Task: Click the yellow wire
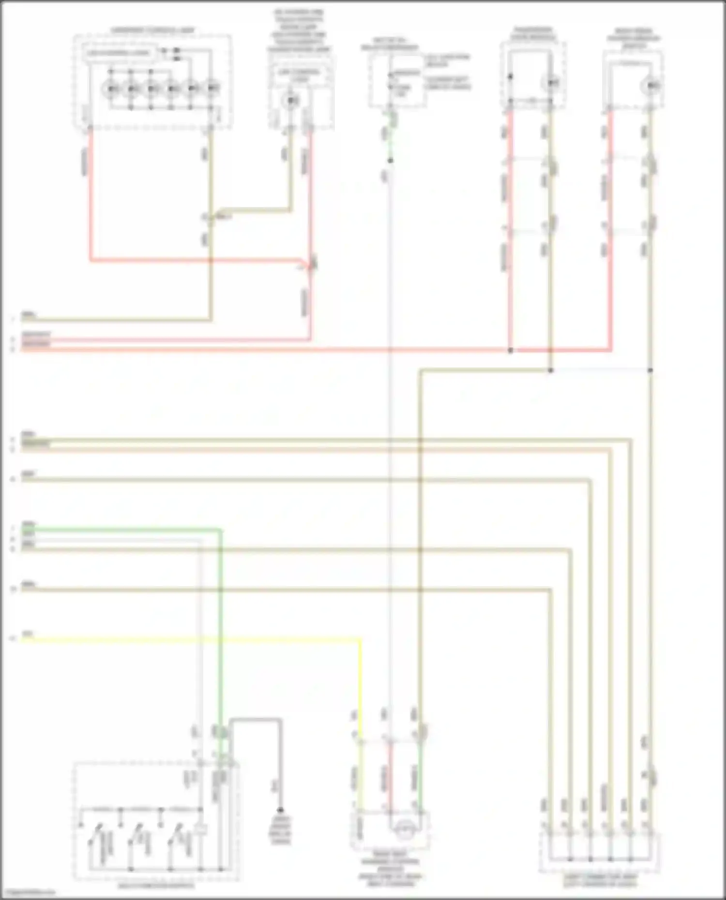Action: click(x=194, y=640)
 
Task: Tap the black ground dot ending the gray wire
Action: click(x=280, y=810)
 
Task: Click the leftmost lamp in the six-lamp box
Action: click(x=111, y=89)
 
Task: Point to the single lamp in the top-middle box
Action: click(x=290, y=100)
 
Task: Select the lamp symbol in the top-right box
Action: click(x=650, y=86)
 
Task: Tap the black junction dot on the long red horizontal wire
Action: click(x=510, y=350)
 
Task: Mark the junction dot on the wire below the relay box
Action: click(x=390, y=160)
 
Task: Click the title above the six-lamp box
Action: click(x=152, y=30)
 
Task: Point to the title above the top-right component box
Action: click(x=634, y=38)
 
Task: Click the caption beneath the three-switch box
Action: click(x=156, y=886)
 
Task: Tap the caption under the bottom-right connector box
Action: click(x=600, y=880)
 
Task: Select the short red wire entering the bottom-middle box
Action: click(x=390, y=774)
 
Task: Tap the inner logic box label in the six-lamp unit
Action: click(x=119, y=53)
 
